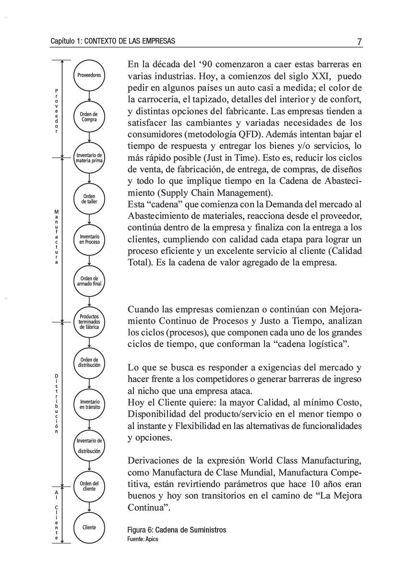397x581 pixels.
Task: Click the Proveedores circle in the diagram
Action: tap(89, 76)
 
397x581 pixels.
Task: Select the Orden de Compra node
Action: tap(89, 117)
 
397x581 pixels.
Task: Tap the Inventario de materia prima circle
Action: tap(89, 157)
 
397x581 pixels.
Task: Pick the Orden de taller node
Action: tap(89, 199)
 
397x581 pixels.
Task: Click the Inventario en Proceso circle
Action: tap(89, 239)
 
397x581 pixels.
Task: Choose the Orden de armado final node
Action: tap(89, 281)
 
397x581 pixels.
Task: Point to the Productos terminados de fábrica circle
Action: tap(89, 321)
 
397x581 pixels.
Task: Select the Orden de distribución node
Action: tap(89, 363)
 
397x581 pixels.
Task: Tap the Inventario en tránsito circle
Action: tap(89, 404)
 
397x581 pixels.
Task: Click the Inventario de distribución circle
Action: tap(89, 445)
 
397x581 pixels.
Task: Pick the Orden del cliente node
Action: tap(89, 486)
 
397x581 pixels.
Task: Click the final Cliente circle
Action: tap(89, 527)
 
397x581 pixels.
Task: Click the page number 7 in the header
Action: tap(359, 42)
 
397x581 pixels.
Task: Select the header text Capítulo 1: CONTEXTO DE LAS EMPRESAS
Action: tap(113, 42)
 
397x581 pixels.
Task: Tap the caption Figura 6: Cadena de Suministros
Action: tap(176, 530)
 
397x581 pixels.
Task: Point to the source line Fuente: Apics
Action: tap(143, 539)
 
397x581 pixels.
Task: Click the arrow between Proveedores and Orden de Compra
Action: tap(89, 96)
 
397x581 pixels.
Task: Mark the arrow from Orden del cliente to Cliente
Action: tap(89, 507)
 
